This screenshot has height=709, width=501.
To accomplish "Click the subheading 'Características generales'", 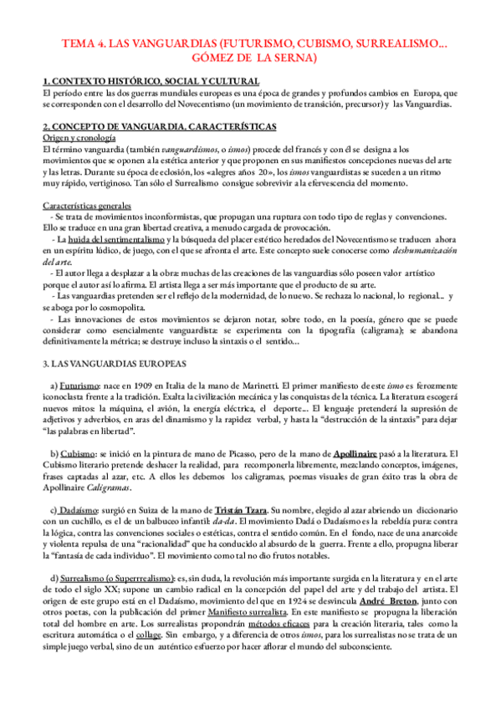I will click(87, 207).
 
